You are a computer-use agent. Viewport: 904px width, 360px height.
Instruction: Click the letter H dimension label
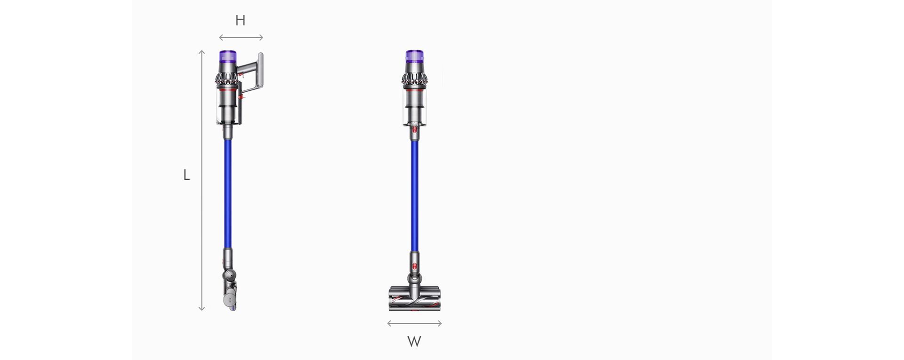pos(240,21)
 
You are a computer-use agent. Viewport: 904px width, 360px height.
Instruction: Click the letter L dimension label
pos(186,176)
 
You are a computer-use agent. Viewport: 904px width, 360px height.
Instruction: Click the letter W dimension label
pos(414,342)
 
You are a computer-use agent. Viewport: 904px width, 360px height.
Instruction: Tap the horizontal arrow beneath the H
pos(241,38)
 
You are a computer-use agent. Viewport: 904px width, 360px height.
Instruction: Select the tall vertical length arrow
pos(202,179)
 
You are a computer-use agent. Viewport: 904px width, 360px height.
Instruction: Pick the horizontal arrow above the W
pos(414,323)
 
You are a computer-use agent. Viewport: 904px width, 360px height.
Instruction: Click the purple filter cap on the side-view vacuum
pos(226,57)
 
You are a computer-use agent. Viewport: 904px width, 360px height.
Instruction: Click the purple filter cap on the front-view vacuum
pos(414,57)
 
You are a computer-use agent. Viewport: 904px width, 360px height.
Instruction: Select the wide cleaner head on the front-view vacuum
pos(414,299)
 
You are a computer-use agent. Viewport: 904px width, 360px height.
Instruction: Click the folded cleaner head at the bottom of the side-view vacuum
pos(230,294)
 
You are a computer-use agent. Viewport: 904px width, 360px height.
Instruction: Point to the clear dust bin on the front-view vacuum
pos(414,106)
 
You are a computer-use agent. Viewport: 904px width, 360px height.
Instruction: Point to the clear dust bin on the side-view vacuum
pos(226,106)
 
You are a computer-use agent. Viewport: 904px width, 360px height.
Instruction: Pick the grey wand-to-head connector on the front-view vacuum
pos(414,264)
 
